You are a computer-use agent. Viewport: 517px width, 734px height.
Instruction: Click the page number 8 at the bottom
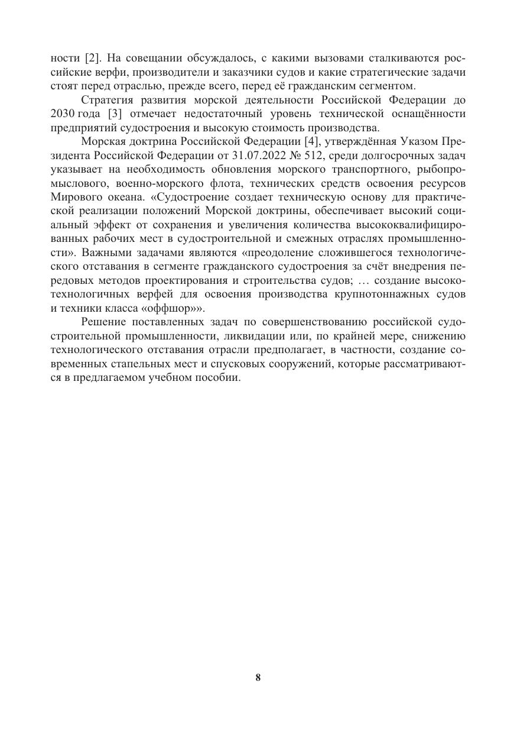[258, 678]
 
